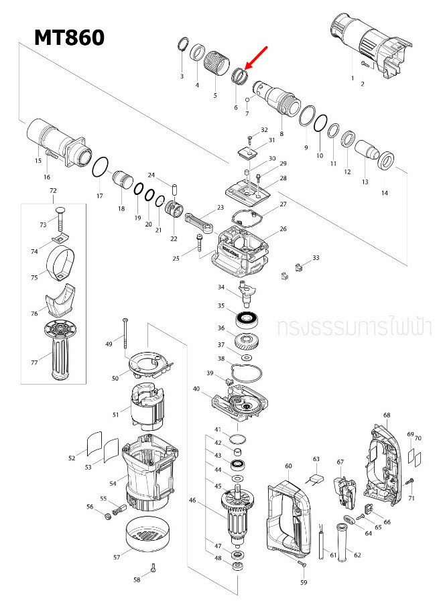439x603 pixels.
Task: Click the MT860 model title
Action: pos(70,38)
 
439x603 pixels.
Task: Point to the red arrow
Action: pos(257,58)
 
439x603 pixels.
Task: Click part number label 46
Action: pos(192,500)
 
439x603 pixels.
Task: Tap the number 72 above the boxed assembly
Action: pos(54,192)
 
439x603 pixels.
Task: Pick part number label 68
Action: pos(387,415)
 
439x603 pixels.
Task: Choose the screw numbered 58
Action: pos(154,568)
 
